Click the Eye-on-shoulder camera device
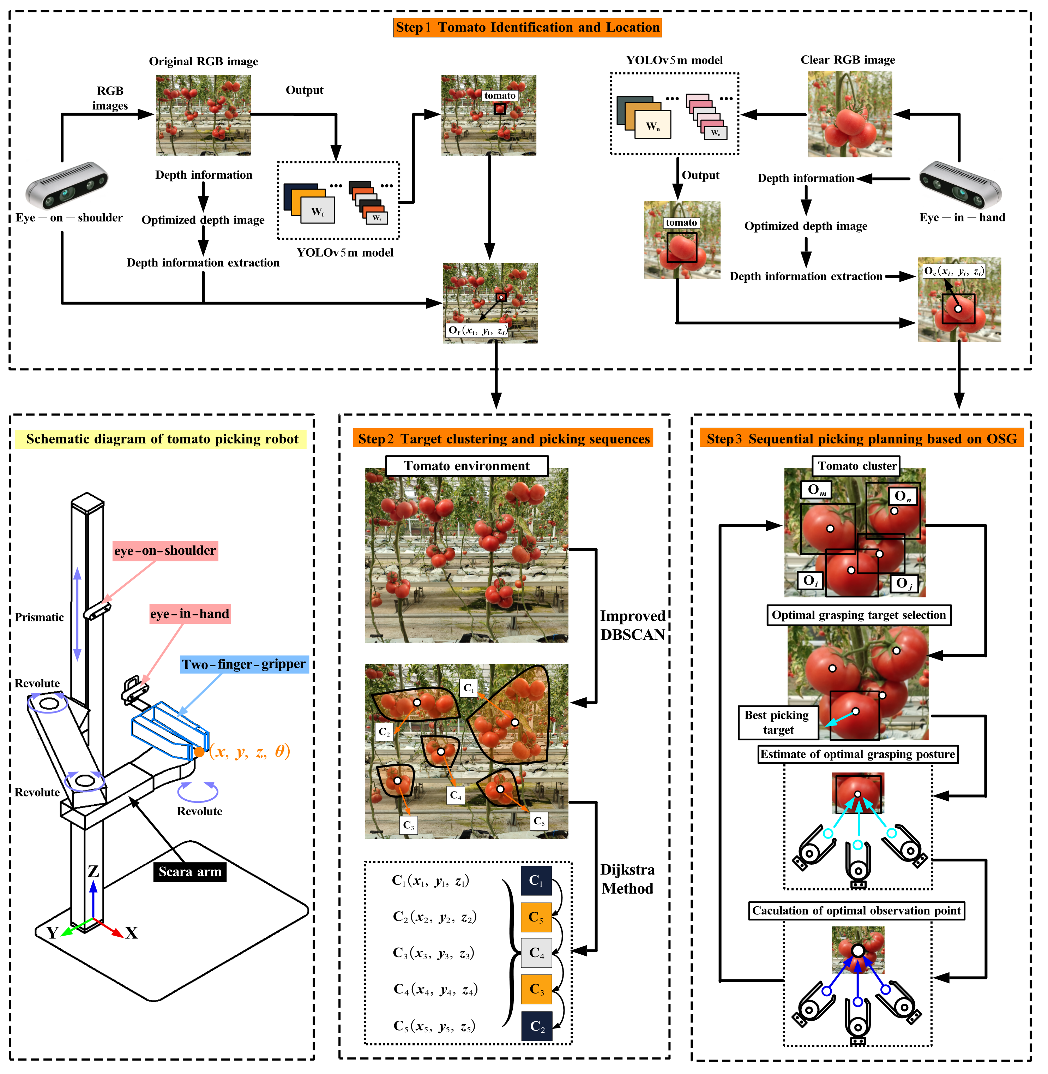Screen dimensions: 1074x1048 (x=67, y=185)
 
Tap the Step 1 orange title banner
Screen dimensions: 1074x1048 (x=527, y=28)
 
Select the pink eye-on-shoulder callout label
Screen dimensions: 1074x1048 (x=165, y=551)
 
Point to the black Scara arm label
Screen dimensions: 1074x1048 (x=190, y=872)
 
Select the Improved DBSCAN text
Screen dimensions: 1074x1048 (x=632, y=626)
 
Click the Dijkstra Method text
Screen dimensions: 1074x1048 (x=627, y=879)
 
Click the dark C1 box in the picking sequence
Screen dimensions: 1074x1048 (x=536, y=881)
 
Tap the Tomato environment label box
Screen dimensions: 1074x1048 (x=467, y=466)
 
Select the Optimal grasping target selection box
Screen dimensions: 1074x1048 (x=859, y=615)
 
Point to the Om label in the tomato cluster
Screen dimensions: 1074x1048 (x=816, y=490)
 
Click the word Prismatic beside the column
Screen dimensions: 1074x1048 (x=39, y=617)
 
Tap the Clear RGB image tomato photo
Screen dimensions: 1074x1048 (x=849, y=114)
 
